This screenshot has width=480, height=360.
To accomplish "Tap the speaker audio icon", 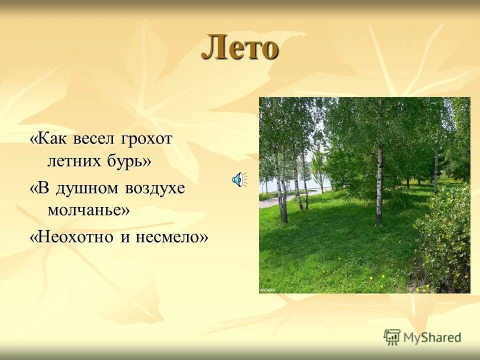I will pyautogui.click(x=238, y=179).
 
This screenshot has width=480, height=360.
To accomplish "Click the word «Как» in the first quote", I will pyautogui.click(x=49, y=139).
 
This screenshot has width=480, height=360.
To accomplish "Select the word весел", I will pyautogui.click(x=97, y=139).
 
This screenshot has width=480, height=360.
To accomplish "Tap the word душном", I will pyautogui.click(x=87, y=189).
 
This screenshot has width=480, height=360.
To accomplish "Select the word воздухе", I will pyautogui.click(x=155, y=189).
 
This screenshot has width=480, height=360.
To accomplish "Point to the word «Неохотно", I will pyautogui.click(x=73, y=237).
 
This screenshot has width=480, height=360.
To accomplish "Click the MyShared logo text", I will pyautogui.click(x=432, y=337).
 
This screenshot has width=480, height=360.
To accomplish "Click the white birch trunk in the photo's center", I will pyautogui.click(x=379, y=185).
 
